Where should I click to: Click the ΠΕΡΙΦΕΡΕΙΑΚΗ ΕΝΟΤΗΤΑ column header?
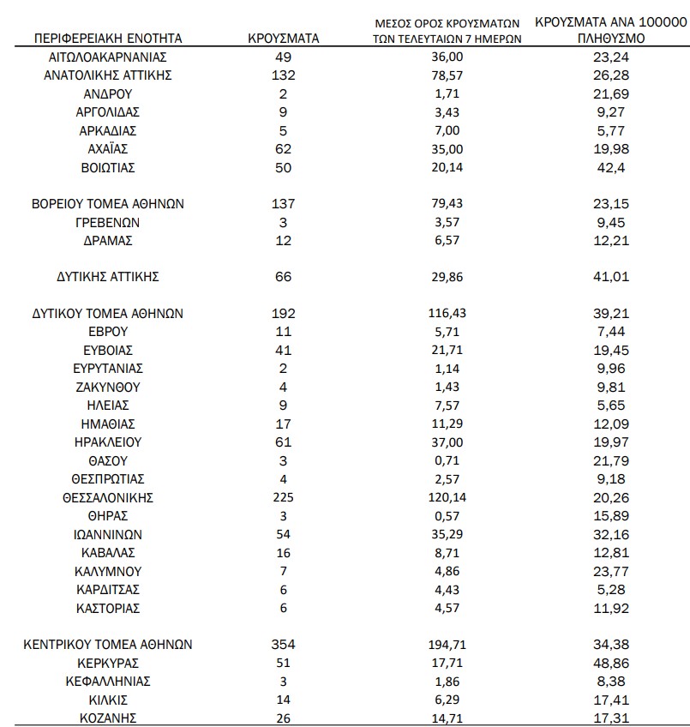pos(107,39)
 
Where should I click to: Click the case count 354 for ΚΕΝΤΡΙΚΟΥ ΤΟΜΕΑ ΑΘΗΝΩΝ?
pos(283,645)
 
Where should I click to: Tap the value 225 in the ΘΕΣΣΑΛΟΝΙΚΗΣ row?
pos(283,497)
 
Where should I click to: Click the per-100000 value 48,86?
pos(610,663)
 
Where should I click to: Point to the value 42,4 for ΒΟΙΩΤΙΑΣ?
pos(610,167)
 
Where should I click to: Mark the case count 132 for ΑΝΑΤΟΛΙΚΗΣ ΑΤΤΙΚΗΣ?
pos(283,75)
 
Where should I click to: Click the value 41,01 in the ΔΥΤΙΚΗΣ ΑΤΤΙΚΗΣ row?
pos(610,277)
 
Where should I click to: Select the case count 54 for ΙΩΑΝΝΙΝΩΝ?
pos(283,534)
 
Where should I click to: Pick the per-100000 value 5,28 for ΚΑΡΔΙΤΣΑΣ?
pos(610,589)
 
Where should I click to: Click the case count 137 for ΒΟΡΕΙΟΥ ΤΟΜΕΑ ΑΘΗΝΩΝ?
pos(283,204)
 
